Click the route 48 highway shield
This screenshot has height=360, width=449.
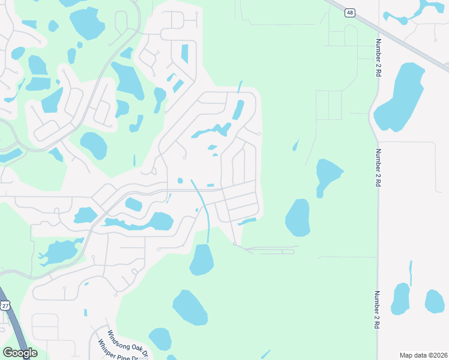[349, 12]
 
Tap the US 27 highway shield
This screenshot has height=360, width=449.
[5, 305]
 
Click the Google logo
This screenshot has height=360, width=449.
[20, 353]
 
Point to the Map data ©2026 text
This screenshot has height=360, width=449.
[423, 355]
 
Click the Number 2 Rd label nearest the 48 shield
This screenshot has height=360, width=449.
[379, 56]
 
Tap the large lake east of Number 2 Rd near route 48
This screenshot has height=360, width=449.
[401, 96]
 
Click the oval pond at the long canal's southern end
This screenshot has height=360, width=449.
[202, 260]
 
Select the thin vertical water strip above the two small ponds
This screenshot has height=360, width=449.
[411, 273]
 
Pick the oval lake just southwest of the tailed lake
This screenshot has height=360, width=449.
[298, 217]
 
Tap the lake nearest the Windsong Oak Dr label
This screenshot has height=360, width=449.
[160, 338]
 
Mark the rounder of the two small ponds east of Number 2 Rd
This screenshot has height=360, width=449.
[434, 301]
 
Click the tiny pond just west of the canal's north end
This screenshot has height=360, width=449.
[180, 181]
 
